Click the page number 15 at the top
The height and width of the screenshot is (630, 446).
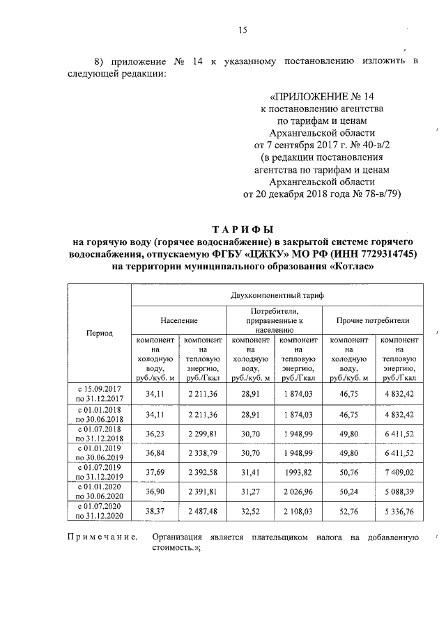point(243,29)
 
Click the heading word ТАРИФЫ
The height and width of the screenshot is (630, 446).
point(243,228)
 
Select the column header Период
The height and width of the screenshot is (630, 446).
point(100,333)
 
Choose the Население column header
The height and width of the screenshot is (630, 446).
point(179,320)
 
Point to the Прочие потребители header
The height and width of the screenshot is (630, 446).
point(373,320)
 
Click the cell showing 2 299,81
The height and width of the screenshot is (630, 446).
point(203,434)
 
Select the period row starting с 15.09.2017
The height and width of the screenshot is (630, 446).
point(100,393)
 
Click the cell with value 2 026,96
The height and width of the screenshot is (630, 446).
point(298,491)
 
